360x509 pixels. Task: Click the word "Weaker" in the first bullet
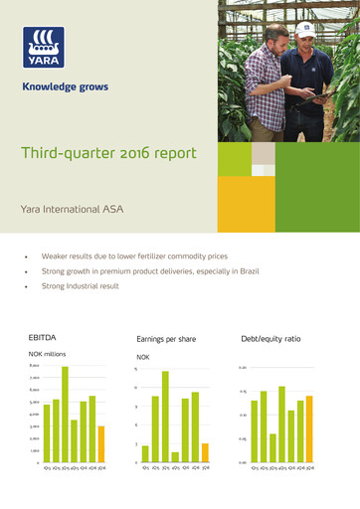[x=55, y=255]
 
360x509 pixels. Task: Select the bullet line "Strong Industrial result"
[x=80, y=285]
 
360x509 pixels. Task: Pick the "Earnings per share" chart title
[x=166, y=339]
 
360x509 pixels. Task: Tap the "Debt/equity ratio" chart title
[x=270, y=339]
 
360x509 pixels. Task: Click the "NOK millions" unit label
[x=48, y=354]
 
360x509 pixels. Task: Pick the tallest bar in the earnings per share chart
[x=165, y=417]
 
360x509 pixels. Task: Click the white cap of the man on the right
[x=306, y=29]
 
